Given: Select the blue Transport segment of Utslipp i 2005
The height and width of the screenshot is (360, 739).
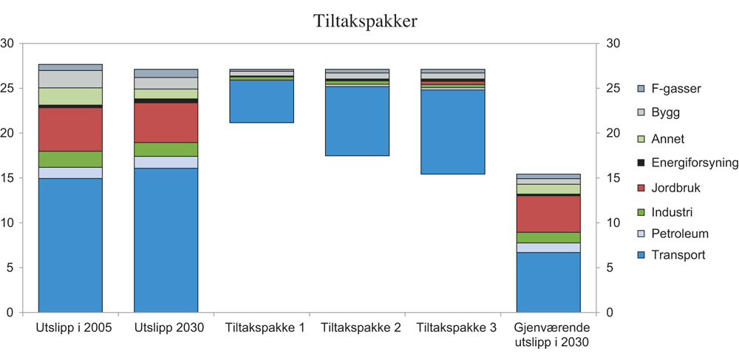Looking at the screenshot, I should [70, 245].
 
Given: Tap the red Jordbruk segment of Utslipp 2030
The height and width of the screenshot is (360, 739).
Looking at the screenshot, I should [166, 123].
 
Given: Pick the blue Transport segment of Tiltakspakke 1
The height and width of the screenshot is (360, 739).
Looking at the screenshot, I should [262, 101].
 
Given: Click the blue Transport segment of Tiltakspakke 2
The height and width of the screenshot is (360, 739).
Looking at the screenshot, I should [357, 121].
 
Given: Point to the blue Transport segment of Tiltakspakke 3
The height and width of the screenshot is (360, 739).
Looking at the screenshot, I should [452, 132].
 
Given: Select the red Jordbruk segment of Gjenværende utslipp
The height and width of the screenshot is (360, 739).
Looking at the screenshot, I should [548, 214].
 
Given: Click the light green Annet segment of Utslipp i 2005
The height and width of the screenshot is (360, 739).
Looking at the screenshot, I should [70, 96].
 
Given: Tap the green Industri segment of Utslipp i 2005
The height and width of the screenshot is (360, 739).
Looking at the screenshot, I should [70, 159].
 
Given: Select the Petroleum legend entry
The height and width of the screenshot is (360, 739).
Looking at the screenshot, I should [672, 234].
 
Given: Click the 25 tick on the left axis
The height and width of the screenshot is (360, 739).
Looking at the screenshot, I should [8, 89].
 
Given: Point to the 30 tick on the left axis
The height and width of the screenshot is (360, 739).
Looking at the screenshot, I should [8, 44].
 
